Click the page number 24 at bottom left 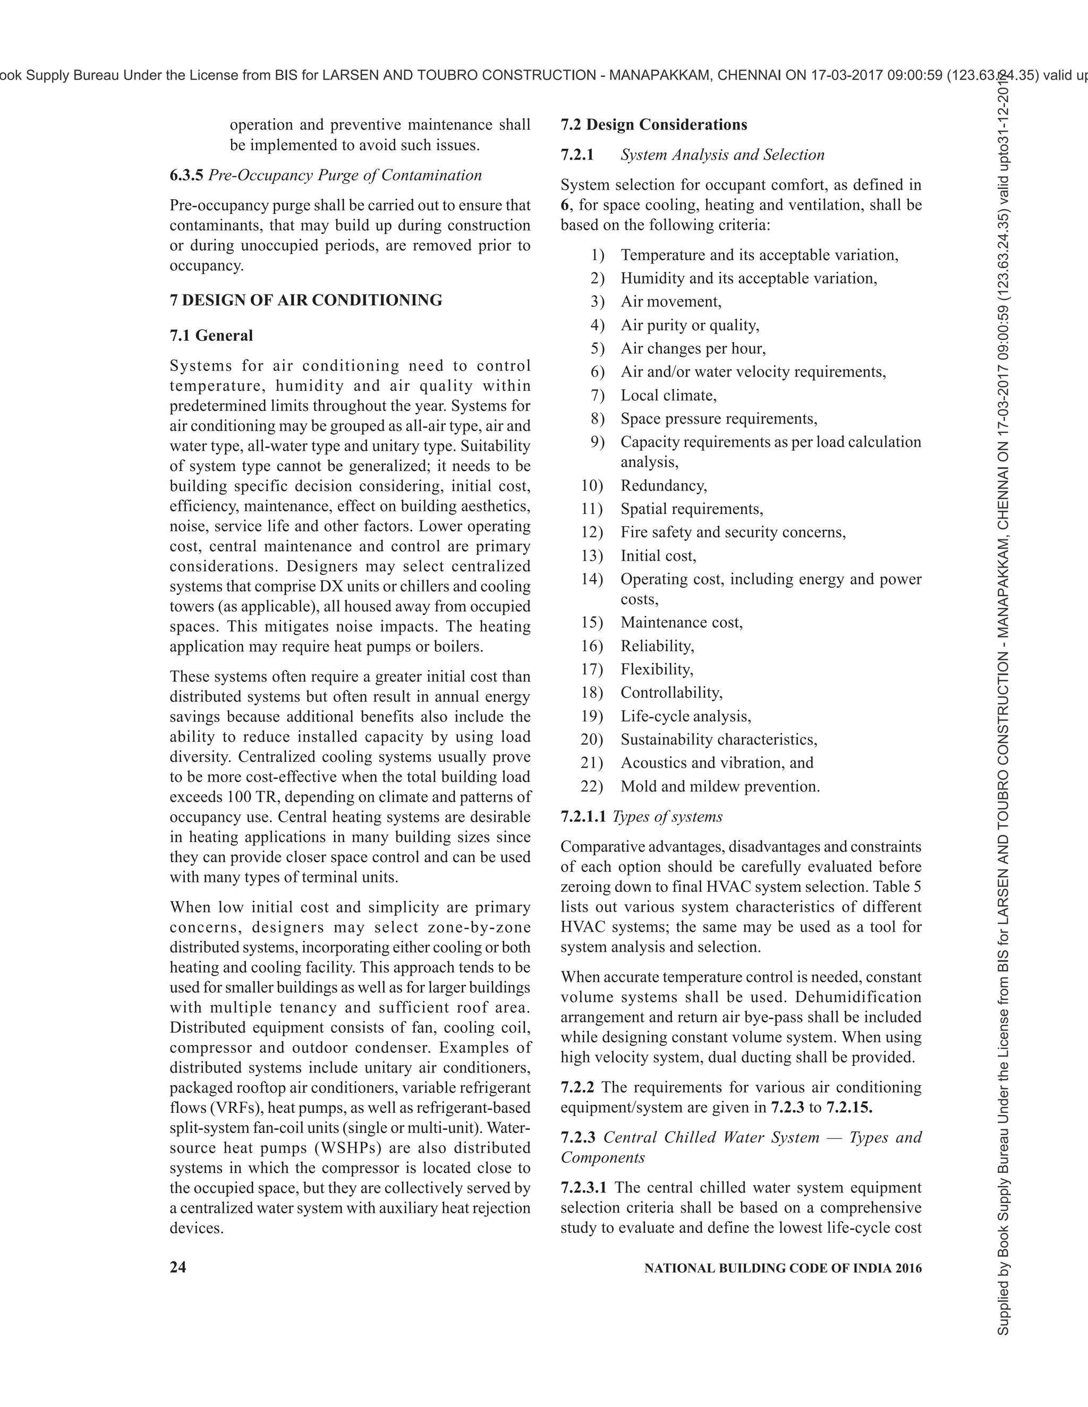click(178, 1267)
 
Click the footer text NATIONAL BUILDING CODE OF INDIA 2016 click(783, 1268)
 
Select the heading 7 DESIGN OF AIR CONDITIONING click(305, 300)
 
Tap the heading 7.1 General click(211, 335)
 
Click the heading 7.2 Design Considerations click(653, 124)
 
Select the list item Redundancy click(663, 485)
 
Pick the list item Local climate click(668, 395)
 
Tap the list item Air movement click(670, 302)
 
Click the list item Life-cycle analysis click(685, 716)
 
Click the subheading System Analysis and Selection click(722, 155)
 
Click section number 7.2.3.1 click(584, 1187)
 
